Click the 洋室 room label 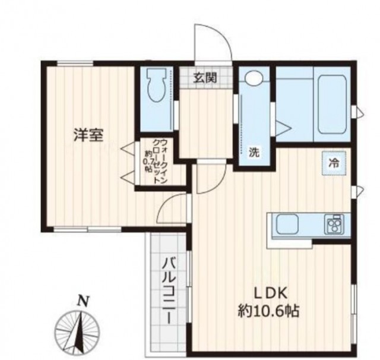pyautogui.click(x=88, y=135)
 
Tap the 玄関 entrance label pyautogui.click(x=204, y=78)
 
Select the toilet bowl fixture pyautogui.click(x=157, y=86)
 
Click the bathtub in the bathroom pyautogui.click(x=332, y=104)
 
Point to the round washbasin pyautogui.click(x=254, y=77)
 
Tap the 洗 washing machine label pyautogui.click(x=254, y=152)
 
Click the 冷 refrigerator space pyautogui.click(x=334, y=163)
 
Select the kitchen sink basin pyautogui.click(x=287, y=225)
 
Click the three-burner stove pyautogui.click(x=334, y=224)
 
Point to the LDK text pyautogui.click(x=270, y=293)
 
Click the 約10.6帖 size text pyautogui.click(x=268, y=311)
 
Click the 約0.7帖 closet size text pyautogui.click(x=148, y=161)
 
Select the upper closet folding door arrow pyautogui.click(x=128, y=148)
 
